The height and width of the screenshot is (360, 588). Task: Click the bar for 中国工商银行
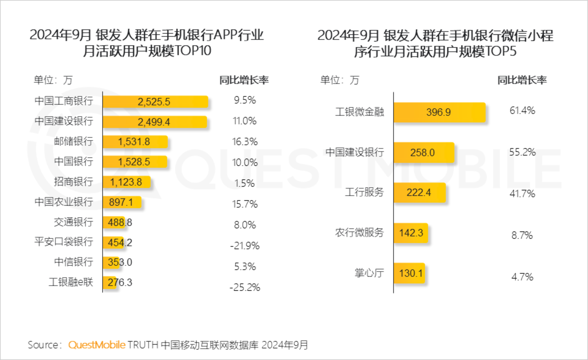[155, 102]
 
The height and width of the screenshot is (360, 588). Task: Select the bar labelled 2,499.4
[155, 122]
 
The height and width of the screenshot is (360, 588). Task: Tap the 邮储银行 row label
[73, 141]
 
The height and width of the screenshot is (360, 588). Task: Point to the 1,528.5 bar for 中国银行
[135, 162]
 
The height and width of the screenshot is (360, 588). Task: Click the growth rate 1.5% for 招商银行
[245, 183]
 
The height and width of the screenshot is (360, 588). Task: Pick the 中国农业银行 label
[64, 202]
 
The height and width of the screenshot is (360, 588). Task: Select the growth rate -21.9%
[245, 246]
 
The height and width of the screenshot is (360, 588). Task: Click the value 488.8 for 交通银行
[120, 222]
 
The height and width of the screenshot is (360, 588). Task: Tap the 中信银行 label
[73, 262]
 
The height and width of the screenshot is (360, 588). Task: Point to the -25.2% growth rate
[245, 287]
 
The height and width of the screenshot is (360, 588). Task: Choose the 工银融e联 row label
[71, 282]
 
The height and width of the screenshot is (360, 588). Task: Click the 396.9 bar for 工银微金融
[439, 112]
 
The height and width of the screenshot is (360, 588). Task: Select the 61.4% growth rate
[522, 111]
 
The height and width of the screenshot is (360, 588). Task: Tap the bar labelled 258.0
[424, 153]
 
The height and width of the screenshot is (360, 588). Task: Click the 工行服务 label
[364, 192]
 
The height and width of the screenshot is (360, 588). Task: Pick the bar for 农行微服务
[411, 233]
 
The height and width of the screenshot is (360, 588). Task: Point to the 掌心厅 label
[369, 273]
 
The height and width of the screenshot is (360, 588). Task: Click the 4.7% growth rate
[522, 277]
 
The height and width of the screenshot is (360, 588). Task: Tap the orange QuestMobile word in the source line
[97, 345]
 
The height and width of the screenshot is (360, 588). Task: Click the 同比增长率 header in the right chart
[522, 80]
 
